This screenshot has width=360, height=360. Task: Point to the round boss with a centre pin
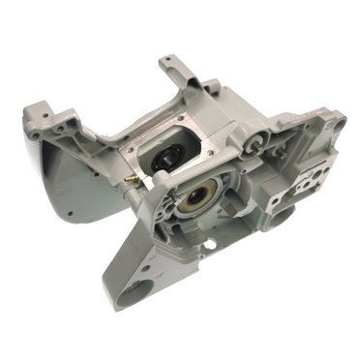(253, 143)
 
